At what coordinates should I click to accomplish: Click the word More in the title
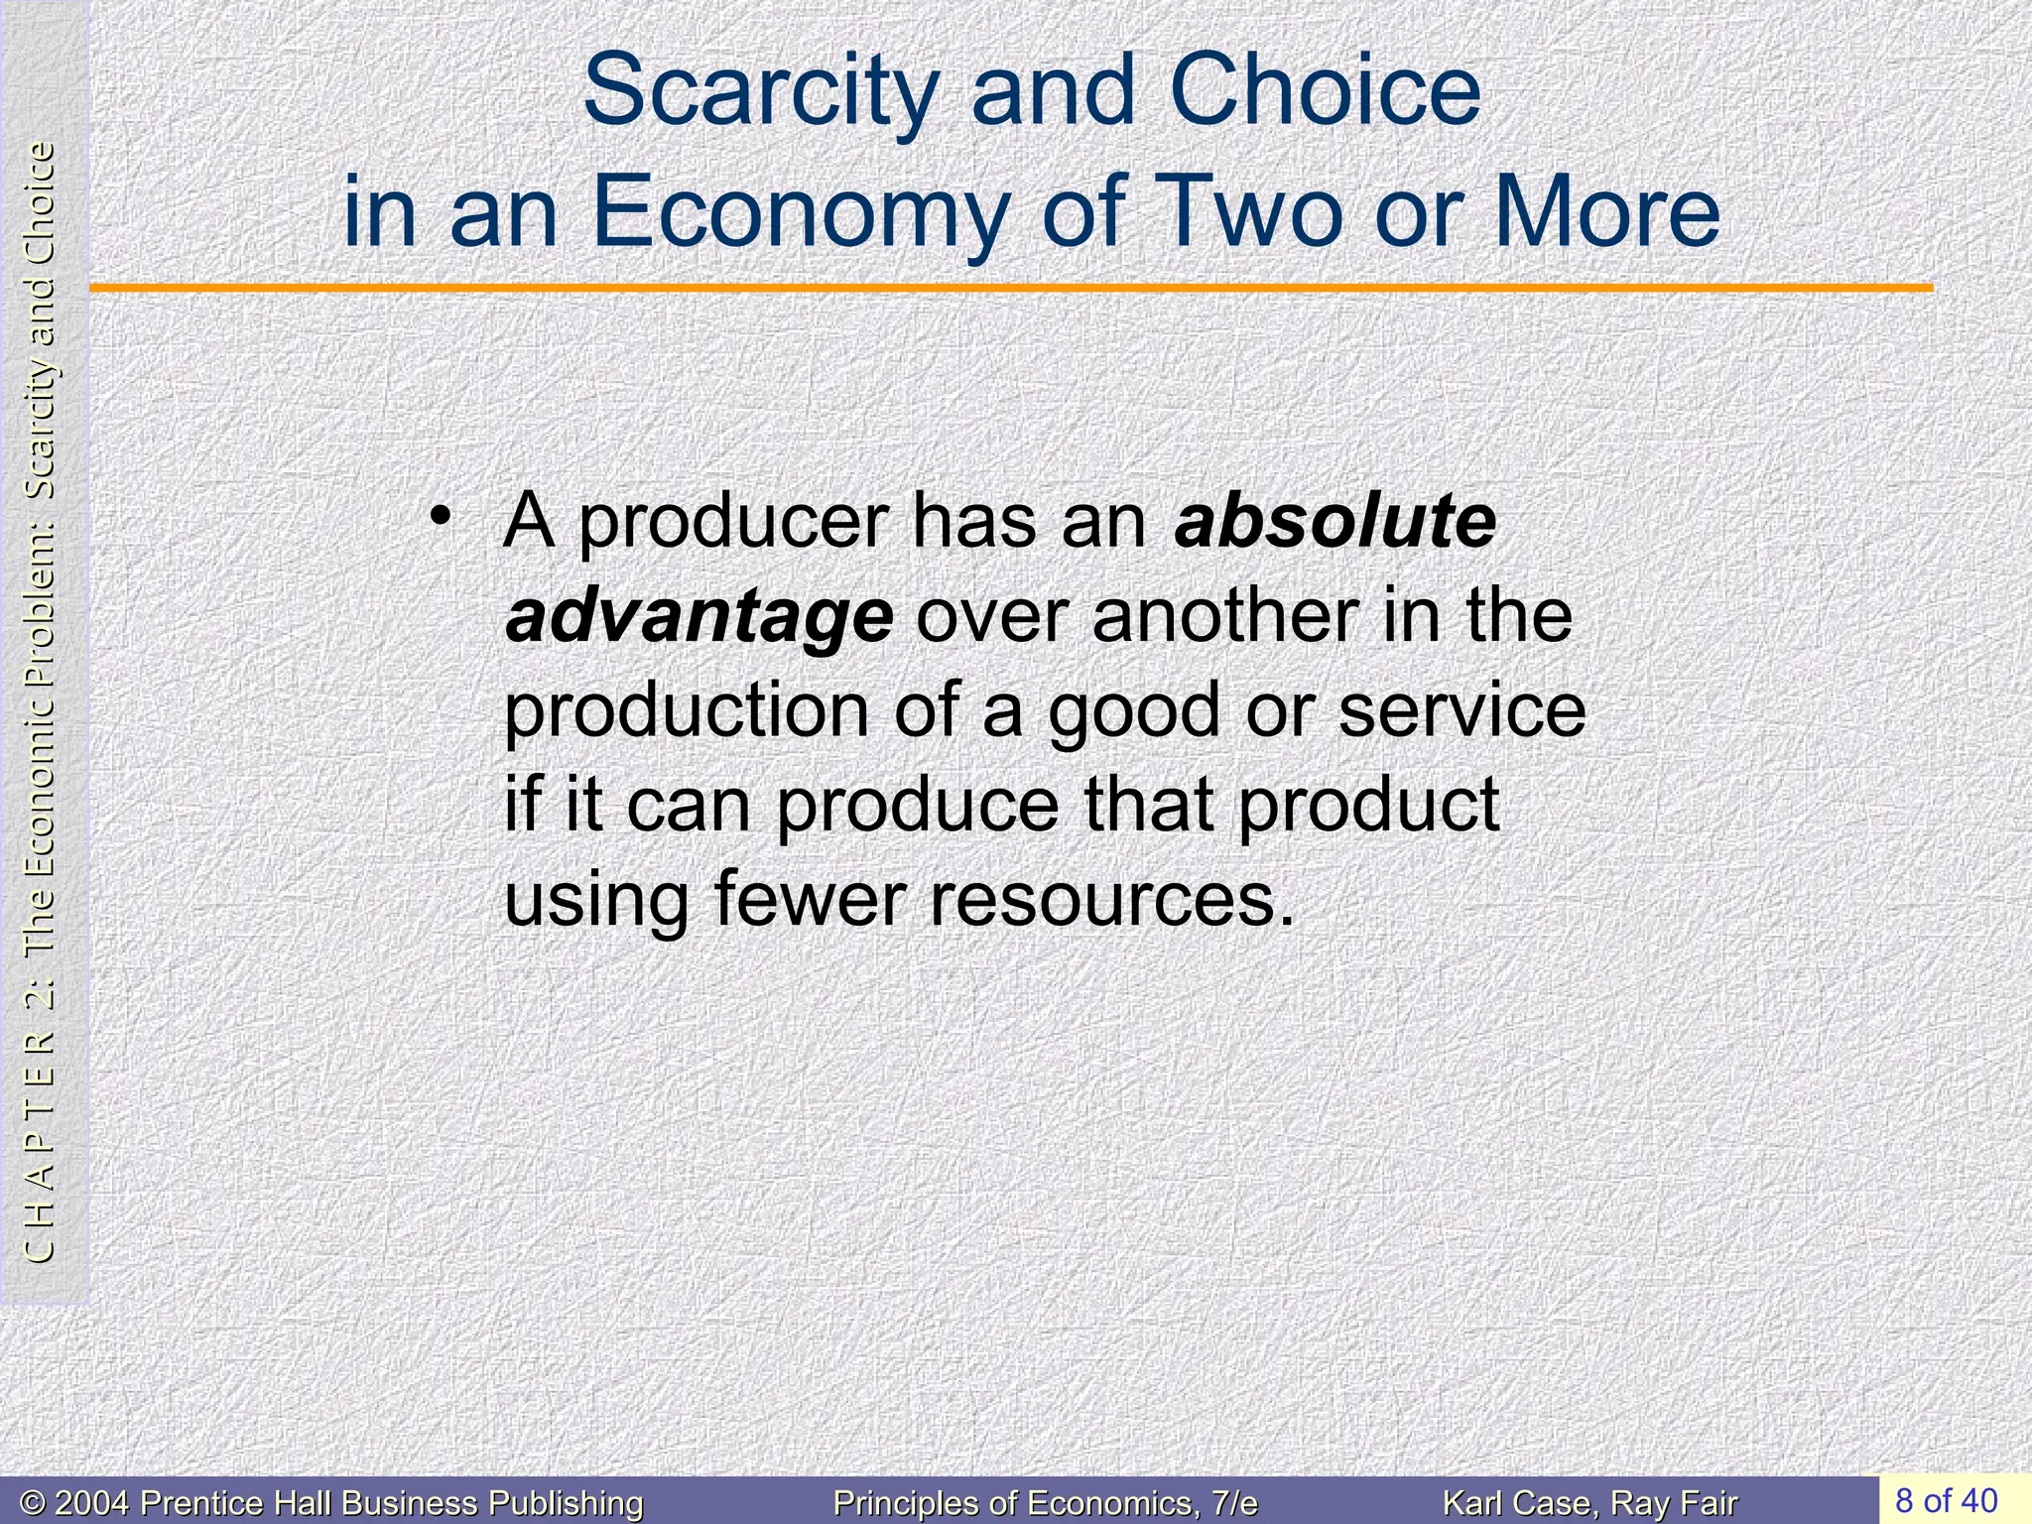[x=1607, y=213]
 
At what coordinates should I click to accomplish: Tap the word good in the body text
[x=1133, y=712]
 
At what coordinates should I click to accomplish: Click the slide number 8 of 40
[x=1946, y=1499]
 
